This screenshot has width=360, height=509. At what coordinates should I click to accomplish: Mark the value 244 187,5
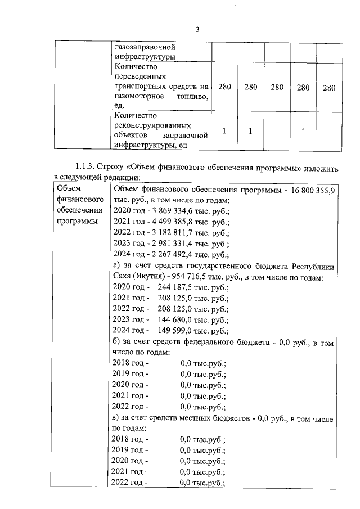click(x=170, y=286)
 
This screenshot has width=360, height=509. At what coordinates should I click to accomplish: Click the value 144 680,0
click(x=170, y=319)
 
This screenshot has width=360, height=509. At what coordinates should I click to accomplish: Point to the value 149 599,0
click(x=170, y=330)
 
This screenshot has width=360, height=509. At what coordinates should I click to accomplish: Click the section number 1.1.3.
click(x=85, y=167)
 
